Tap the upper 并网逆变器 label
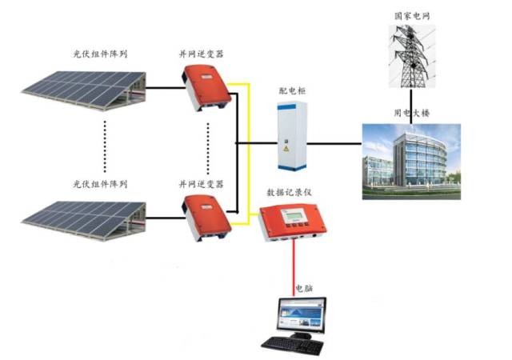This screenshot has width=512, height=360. click(201, 54)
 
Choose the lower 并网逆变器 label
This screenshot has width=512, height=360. click(201, 184)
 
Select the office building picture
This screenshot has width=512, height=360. click(411, 160)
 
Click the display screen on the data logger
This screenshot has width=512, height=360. click(298, 216)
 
